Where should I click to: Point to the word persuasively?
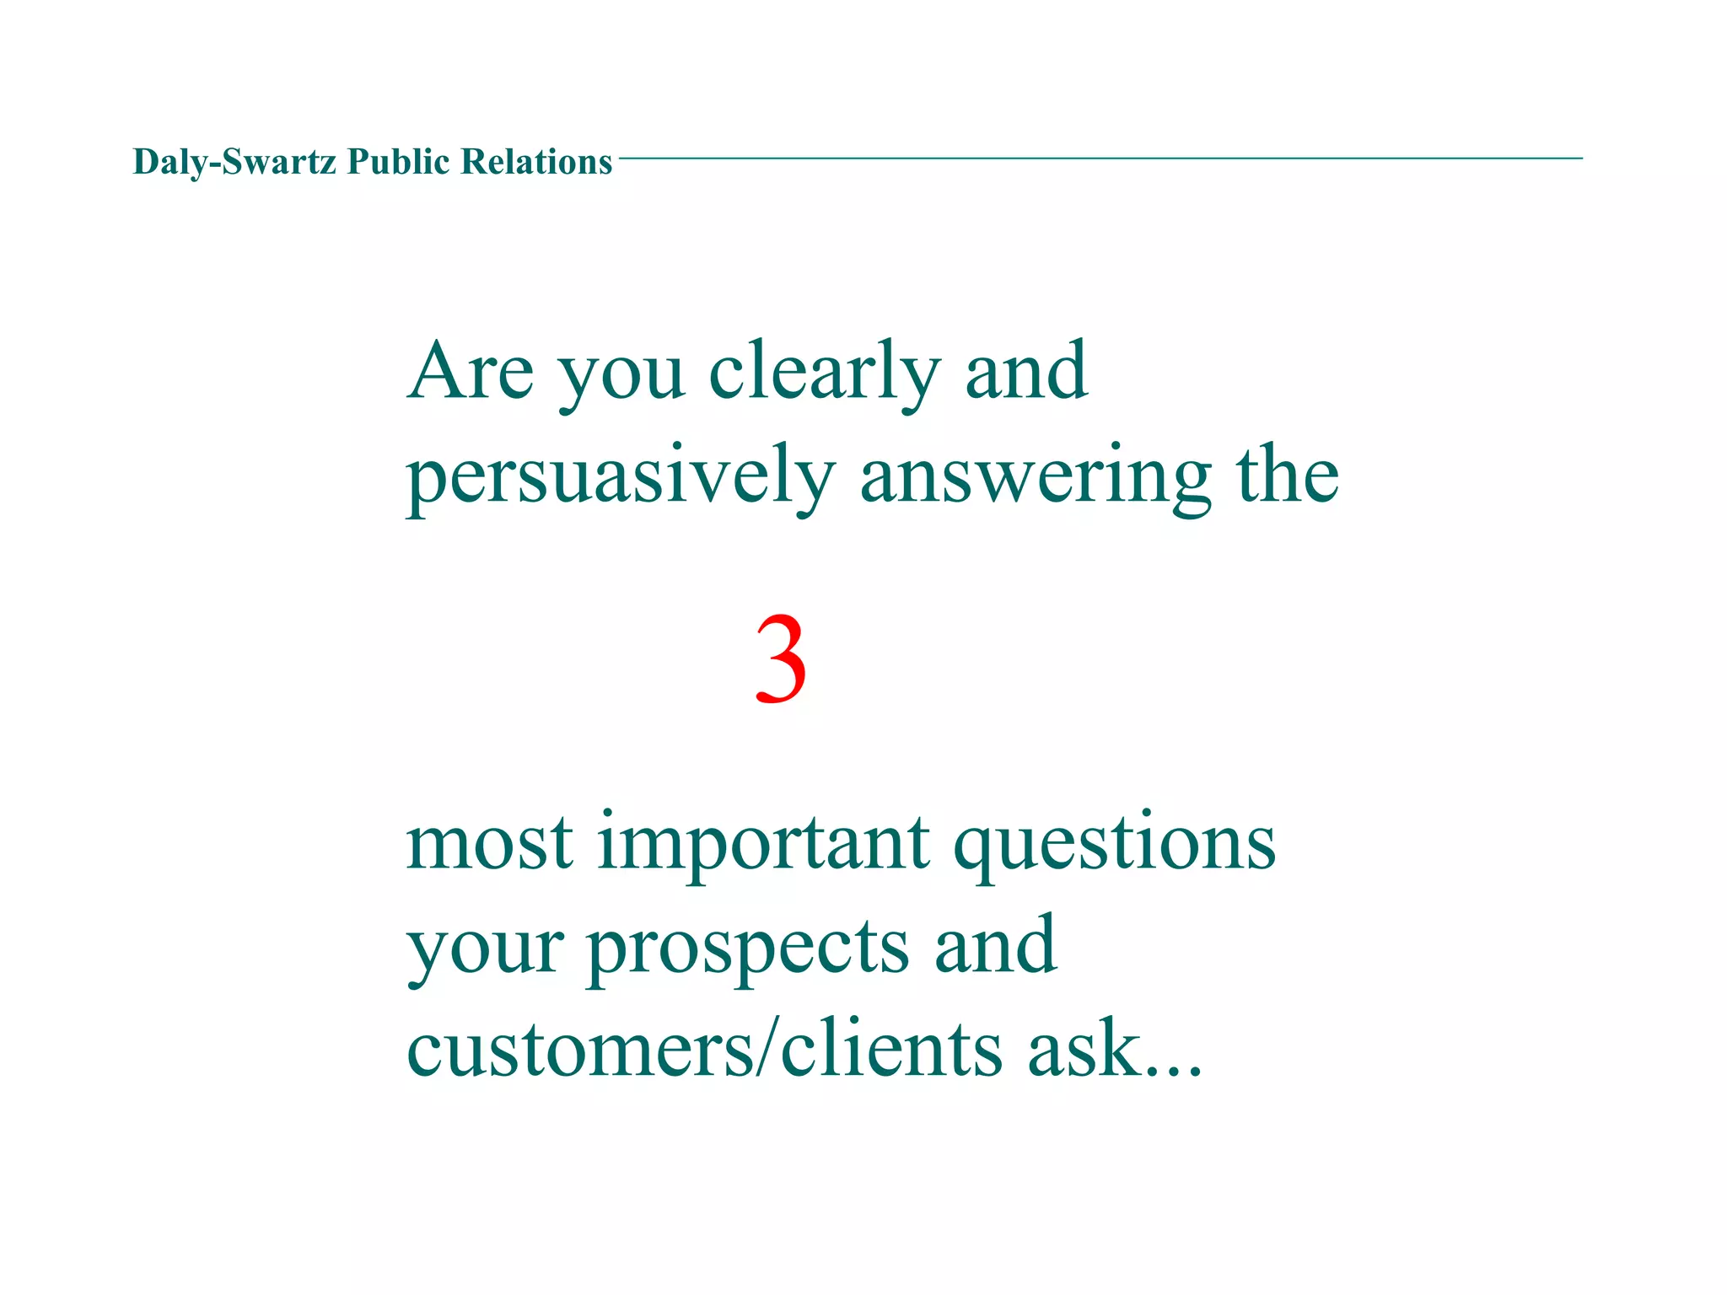pyautogui.click(x=621, y=477)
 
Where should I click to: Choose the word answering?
pyautogui.click(x=1036, y=477)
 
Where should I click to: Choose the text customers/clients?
pyautogui.click(x=704, y=1049)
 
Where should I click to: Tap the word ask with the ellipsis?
pyautogui.click(x=1114, y=1049)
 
